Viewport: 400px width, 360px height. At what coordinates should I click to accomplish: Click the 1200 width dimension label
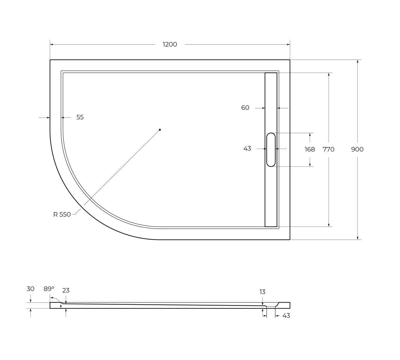[170, 44]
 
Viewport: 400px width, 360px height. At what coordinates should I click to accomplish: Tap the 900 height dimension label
[357, 149]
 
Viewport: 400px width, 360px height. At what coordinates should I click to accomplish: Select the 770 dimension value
[329, 149]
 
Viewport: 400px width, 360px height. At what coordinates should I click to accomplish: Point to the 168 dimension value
[310, 149]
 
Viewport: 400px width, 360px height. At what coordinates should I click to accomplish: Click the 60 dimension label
[245, 108]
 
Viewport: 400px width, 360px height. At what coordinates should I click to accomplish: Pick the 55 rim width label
[80, 117]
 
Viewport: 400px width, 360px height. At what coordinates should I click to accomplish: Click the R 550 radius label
[62, 214]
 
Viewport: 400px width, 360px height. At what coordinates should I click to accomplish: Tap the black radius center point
[160, 130]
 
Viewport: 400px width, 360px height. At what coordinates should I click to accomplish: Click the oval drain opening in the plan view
[271, 150]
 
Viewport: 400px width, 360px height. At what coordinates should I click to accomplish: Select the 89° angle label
[49, 289]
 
